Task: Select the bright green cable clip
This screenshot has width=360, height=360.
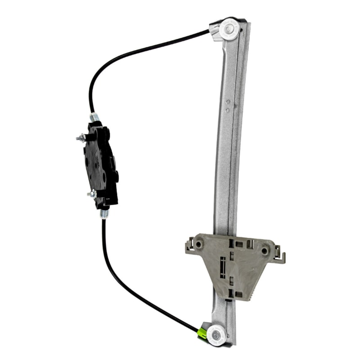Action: (202, 333)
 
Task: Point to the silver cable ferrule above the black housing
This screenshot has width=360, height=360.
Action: (94, 117)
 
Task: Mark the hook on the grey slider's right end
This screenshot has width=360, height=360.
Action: (282, 256)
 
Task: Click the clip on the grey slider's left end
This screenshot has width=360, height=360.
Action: (189, 245)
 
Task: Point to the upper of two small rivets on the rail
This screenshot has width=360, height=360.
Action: (229, 102)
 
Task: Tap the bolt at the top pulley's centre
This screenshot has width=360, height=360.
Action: (230, 28)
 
